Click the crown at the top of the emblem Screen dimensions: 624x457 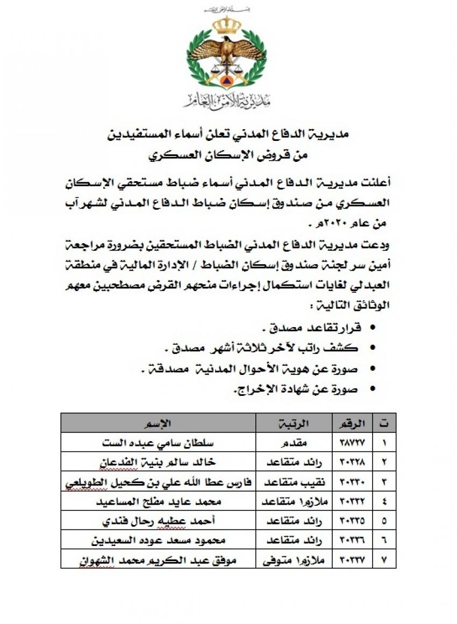(x=226, y=25)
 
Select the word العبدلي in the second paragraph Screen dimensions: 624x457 (x=374, y=280)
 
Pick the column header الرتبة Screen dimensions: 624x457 (x=295, y=423)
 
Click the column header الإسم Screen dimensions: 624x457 (x=159, y=423)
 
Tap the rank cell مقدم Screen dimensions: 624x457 (x=295, y=443)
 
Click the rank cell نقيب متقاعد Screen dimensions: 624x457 (x=295, y=482)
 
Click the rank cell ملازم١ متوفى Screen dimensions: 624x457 (x=295, y=559)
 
